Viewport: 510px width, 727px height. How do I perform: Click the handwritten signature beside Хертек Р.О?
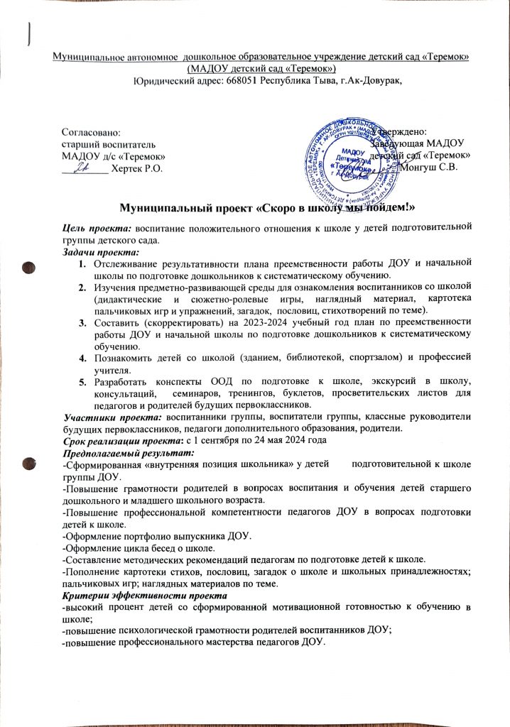click(83, 167)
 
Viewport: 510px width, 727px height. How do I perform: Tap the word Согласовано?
click(91, 131)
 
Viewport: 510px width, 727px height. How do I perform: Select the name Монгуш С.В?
click(430, 168)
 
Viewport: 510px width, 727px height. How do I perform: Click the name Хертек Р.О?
click(138, 168)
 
